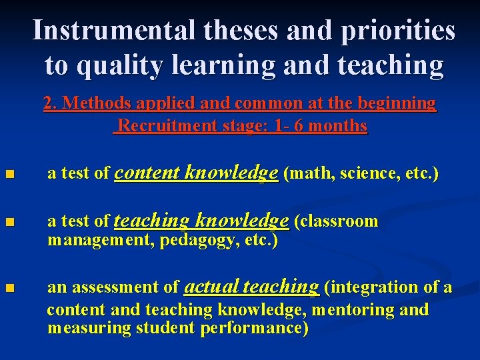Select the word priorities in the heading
point(401,31)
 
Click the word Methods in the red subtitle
point(95,103)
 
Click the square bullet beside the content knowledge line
point(8,175)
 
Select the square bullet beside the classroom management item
point(8,222)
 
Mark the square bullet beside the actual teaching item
point(8,289)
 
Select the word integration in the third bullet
point(377,287)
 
